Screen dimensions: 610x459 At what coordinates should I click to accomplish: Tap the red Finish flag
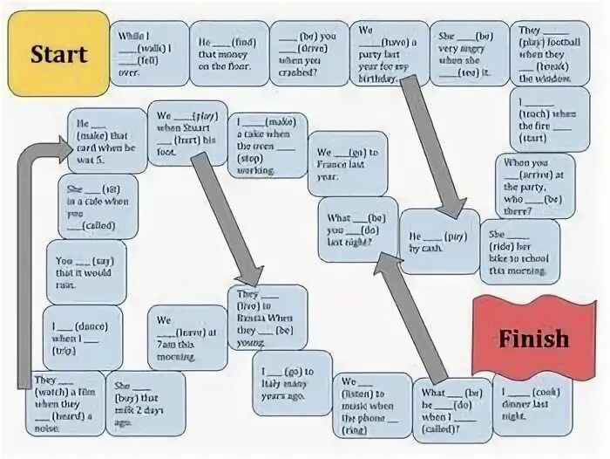coord(533,337)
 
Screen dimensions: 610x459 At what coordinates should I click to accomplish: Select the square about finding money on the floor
coord(229,53)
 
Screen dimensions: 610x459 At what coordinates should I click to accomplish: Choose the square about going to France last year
coord(346,163)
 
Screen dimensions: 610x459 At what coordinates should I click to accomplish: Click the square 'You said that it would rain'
coord(85,271)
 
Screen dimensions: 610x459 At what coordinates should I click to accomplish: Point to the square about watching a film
coord(65,403)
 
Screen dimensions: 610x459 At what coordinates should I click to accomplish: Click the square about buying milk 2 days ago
coord(145,403)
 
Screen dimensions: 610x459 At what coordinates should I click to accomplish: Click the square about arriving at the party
coord(534,185)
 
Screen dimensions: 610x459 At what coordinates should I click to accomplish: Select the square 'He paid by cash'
coord(438,242)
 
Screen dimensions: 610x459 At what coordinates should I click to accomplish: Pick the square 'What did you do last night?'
coord(356,229)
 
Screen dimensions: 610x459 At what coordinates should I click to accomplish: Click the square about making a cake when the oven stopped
coord(271,145)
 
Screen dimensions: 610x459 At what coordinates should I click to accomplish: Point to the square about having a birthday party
coord(389,53)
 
